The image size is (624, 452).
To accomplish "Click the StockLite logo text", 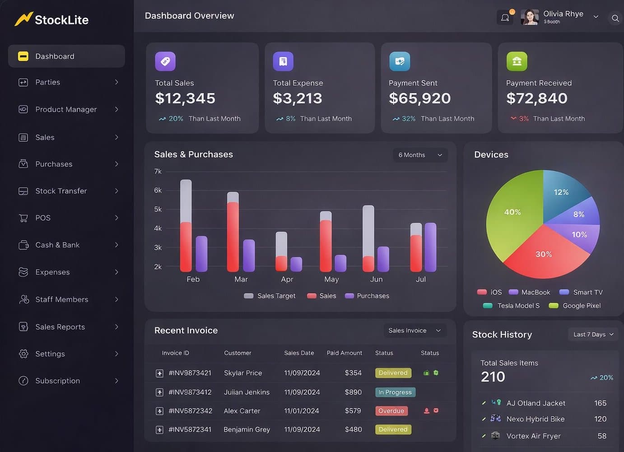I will coord(61,20).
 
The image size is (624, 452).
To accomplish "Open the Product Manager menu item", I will coord(66,109).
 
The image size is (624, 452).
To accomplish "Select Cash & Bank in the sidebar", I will coord(57,245).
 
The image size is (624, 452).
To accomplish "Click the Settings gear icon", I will coord(23,354).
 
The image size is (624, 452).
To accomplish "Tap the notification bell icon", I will coord(505,18).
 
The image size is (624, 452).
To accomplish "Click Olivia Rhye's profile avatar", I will coord(530,17).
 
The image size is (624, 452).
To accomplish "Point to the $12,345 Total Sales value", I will coord(185,98).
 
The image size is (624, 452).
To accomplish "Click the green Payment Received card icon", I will coord(517,61).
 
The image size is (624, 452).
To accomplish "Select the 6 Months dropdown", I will coord(420,155).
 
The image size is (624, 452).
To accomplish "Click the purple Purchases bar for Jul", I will coord(430,247).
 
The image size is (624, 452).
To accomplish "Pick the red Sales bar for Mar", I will coord(233,237).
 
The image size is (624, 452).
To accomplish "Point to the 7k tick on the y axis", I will coord(158,171).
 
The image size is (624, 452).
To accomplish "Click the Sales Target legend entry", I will coord(270,296).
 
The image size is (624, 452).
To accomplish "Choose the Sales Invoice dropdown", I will coord(414,331).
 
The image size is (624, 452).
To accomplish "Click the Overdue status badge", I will coord(391,411).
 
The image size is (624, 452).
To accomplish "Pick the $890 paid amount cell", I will coord(353,392).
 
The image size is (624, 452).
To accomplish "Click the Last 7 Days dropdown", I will coord(593,334).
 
